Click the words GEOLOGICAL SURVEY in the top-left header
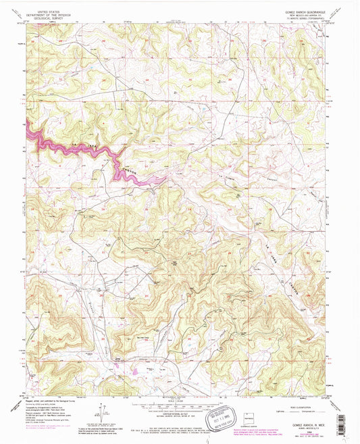pos(43,17)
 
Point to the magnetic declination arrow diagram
pos(102,408)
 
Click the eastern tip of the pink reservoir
pos(166,179)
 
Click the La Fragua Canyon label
pos(203,183)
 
